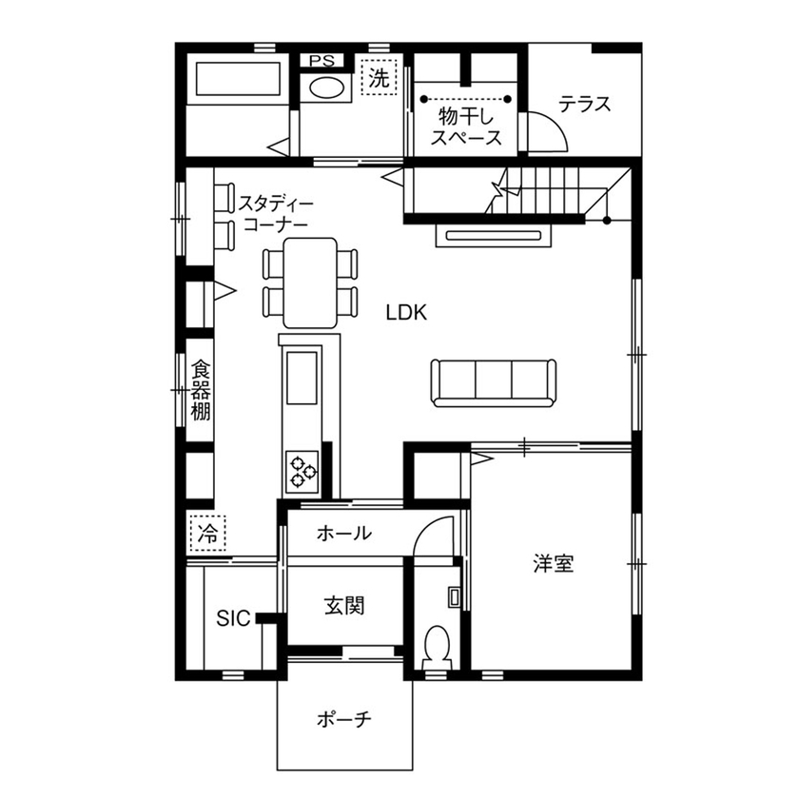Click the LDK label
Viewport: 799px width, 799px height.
click(407, 312)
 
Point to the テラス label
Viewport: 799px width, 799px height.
click(584, 105)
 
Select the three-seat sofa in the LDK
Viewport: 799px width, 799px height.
click(493, 380)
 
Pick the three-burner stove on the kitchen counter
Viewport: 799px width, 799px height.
click(302, 469)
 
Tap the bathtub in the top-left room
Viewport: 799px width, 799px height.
click(238, 77)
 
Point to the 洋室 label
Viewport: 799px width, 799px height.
click(553, 564)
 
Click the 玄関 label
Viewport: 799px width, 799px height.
click(344, 604)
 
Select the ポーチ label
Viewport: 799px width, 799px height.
click(343, 720)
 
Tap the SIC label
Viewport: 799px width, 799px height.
click(232, 619)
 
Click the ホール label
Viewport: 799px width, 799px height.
click(343, 534)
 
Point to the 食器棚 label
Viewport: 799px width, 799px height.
click(200, 389)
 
